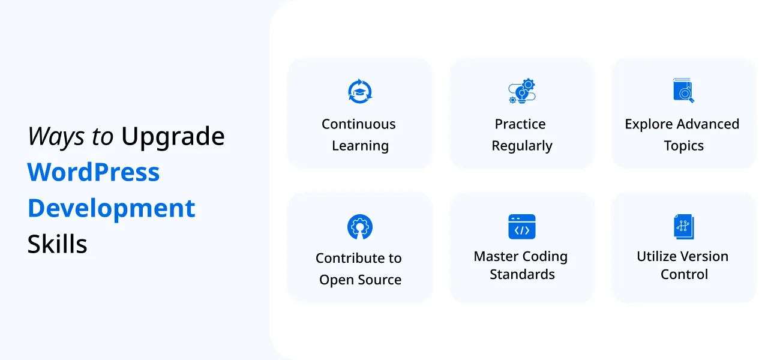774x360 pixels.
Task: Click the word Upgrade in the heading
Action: (173, 137)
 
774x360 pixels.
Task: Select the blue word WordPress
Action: (94, 173)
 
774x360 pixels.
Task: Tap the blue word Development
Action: (112, 209)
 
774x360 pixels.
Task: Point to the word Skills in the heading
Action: (58, 244)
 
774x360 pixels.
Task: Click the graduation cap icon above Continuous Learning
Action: (360, 91)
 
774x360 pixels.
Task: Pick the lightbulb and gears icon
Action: (521, 91)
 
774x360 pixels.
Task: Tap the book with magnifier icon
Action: (683, 91)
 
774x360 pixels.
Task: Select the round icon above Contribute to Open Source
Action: (360, 227)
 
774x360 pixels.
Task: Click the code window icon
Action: (521, 227)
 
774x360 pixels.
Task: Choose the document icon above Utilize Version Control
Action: (683, 227)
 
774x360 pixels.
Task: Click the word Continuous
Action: (359, 124)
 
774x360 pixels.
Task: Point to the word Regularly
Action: (522, 146)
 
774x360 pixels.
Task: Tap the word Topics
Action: (683, 146)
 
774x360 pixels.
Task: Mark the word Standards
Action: (522, 274)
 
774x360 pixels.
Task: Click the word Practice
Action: (520, 124)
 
